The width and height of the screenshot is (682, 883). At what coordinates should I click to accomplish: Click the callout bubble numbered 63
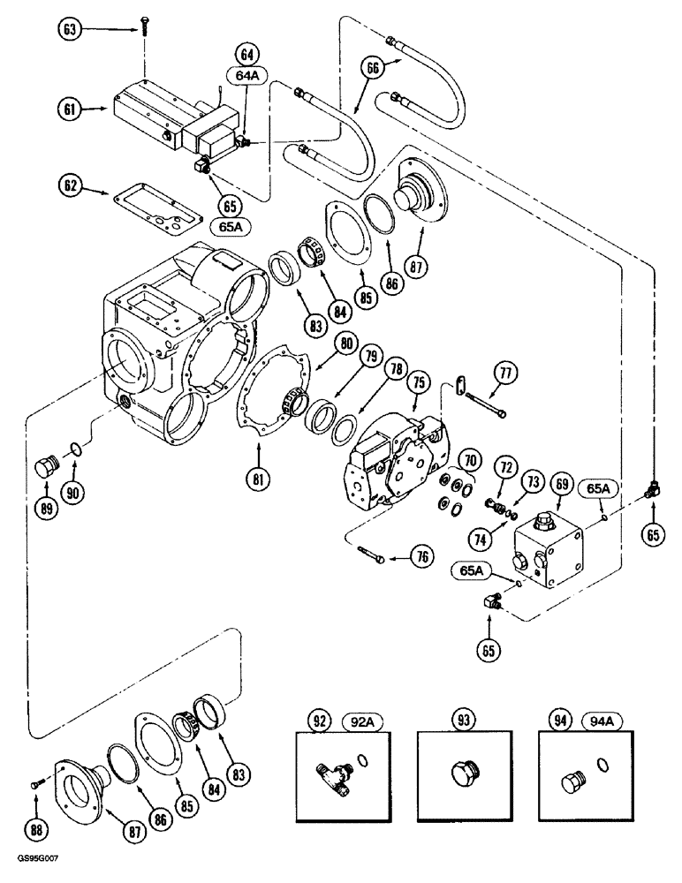click(68, 29)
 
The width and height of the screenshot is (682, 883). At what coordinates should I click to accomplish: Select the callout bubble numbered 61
click(68, 110)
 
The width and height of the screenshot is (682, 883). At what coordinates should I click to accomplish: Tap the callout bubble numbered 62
click(68, 186)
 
